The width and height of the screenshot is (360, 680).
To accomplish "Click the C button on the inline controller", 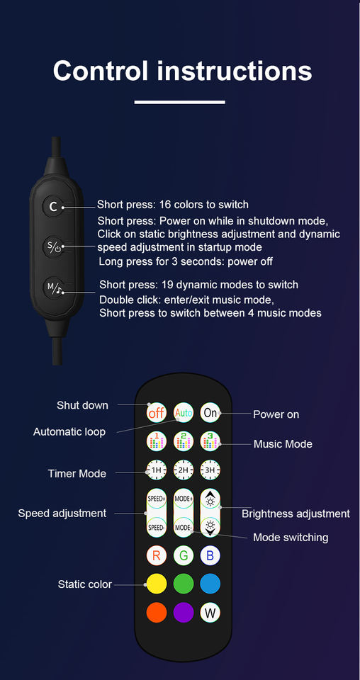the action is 53,206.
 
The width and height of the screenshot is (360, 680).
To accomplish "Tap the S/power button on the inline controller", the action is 53,247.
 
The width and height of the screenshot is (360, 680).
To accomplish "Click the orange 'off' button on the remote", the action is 156,413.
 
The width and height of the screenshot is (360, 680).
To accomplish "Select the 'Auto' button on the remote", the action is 184,413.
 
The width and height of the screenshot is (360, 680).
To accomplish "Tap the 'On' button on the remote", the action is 210,413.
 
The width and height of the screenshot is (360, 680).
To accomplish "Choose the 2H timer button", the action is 184,470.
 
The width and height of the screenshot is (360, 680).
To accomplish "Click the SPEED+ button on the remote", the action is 157,499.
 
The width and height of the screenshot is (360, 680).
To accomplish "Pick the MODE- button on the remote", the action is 184,527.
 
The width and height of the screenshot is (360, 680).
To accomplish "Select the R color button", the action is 157,555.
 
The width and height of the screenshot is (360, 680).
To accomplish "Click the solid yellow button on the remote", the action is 157,584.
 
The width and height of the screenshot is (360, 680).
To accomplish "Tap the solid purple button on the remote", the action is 184,613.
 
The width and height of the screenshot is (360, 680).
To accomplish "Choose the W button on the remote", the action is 210,613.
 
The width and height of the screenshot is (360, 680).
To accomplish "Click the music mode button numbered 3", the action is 210,441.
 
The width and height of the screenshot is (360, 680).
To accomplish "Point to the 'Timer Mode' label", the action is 77,474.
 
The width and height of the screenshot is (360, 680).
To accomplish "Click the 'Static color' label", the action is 85,584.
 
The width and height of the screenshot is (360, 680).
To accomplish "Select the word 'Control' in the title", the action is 101,70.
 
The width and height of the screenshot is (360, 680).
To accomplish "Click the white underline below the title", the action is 179,102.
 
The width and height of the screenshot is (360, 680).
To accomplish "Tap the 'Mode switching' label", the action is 291,538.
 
